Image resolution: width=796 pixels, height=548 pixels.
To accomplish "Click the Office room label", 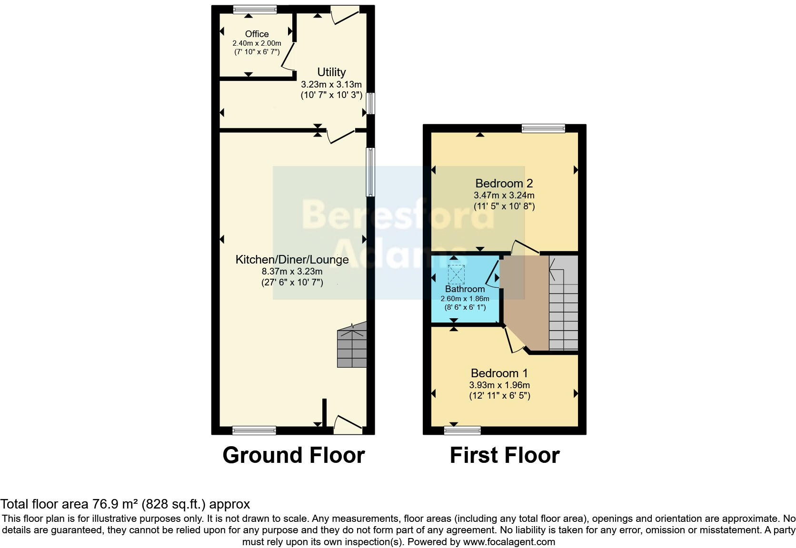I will pyautogui.click(x=257, y=34).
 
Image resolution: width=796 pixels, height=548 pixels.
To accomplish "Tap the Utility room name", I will pyautogui.click(x=331, y=72).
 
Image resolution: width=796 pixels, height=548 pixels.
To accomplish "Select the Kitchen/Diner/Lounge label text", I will pyautogui.click(x=292, y=259).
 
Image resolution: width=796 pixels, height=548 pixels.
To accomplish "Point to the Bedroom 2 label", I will pyautogui.click(x=504, y=183).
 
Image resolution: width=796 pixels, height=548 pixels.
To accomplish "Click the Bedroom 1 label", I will pyautogui.click(x=499, y=373).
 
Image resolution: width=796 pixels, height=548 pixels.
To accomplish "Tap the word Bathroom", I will pyautogui.click(x=465, y=289).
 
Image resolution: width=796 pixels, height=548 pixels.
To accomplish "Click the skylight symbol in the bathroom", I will pyautogui.click(x=456, y=274).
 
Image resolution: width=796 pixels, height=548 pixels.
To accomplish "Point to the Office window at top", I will pyautogui.click(x=255, y=9).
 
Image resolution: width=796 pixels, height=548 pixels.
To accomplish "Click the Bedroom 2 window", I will pyautogui.click(x=543, y=128).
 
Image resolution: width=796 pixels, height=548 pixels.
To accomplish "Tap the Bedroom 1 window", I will pyautogui.click(x=462, y=431).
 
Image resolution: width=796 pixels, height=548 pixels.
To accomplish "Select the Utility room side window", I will pyautogui.click(x=370, y=103).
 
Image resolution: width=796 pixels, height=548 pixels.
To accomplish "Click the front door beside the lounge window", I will pyautogui.click(x=348, y=425).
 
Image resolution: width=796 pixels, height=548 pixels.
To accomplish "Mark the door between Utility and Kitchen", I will pyautogui.click(x=341, y=136).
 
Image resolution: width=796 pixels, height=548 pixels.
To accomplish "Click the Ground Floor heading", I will pyautogui.click(x=293, y=455).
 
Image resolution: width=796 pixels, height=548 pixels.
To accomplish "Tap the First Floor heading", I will pyautogui.click(x=504, y=455).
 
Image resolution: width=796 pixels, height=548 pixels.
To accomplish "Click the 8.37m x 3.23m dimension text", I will pyautogui.click(x=292, y=272).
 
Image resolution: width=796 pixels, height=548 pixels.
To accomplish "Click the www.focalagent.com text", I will pyautogui.click(x=508, y=542).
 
